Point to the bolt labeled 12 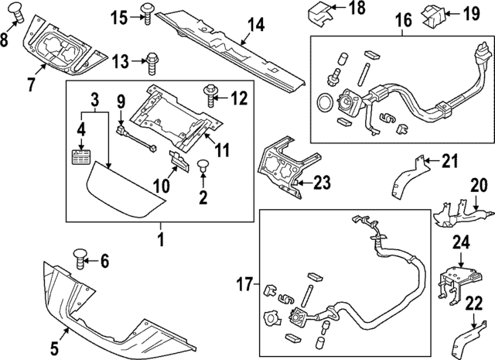click(210, 97)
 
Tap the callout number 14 click(255, 26)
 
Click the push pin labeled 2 click(203, 166)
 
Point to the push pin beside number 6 click(81, 257)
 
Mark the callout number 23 click(322, 183)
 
